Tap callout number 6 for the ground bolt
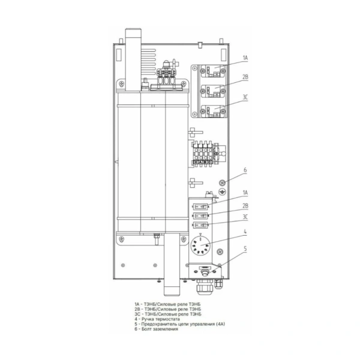(x=245, y=170)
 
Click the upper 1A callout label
(x=245, y=58)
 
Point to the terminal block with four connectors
(x=203, y=153)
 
